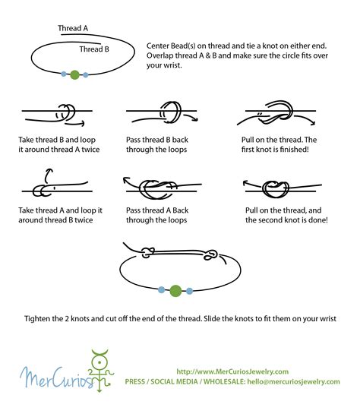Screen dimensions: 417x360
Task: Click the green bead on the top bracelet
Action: tap(74, 74)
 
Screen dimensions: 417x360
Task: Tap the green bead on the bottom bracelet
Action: tap(175, 289)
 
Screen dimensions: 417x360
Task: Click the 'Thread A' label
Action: tap(73, 28)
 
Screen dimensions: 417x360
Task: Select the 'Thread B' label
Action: tap(95, 49)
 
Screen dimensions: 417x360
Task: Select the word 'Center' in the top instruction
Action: tap(159, 46)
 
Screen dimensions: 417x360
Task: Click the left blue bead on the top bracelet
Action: tap(64, 74)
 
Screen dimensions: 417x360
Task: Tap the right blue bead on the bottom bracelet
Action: tap(190, 289)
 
